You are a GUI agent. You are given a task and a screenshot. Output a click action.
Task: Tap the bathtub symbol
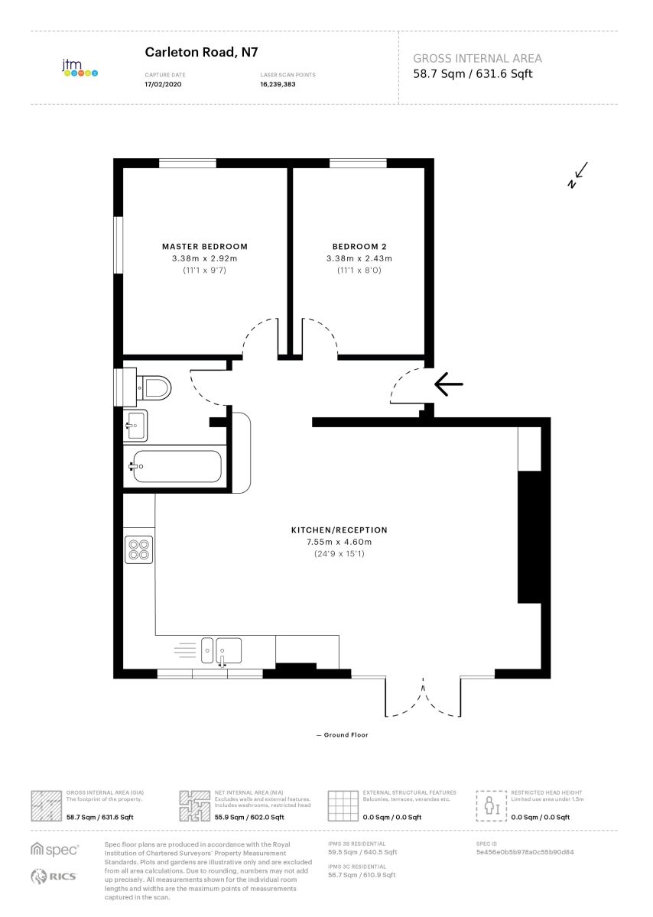pyautogui.click(x=175, y=466)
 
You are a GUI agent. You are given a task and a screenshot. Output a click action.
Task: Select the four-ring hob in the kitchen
pyautogui.click(x=138, y=549)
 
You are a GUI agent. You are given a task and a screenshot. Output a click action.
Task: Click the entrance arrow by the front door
pyautogui.click(x=448, y=384)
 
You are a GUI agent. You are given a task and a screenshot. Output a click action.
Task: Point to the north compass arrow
pyautogui.click(x=577, y=175)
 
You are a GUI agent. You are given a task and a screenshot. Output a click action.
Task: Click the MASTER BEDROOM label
pyautogui.click(x=205, y=246)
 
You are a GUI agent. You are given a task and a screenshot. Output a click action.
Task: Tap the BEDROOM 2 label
pyautogui.click(x=359, y=246)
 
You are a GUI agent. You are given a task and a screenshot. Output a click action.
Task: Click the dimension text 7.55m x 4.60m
pyautogui.click(x=339, y=542)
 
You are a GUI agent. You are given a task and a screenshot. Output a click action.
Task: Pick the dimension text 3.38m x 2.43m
pyautogui.click(x=359, y=258)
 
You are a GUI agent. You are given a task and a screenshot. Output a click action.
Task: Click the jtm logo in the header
pyautogui.click(x=80, y=68)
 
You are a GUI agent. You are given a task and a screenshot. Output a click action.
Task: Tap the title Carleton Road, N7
pyautogui.click(x=201, y=52)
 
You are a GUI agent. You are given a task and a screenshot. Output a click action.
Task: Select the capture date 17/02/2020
pyautogui.click(x=163, y=84)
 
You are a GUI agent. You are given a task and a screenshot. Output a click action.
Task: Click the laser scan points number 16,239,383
pyautogui.click(x=278, y=84)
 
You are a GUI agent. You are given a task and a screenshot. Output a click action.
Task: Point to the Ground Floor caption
pyautogui.click(x=343, y=735)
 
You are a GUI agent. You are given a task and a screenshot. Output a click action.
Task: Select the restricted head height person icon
pyautogui.click(x=492, y=805)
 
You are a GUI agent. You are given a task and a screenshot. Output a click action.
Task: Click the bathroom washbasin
pyautogui.click(x=135, y=425)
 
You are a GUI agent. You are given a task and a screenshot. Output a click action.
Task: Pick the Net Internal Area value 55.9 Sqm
pyautogui.click(x=229, y=817)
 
